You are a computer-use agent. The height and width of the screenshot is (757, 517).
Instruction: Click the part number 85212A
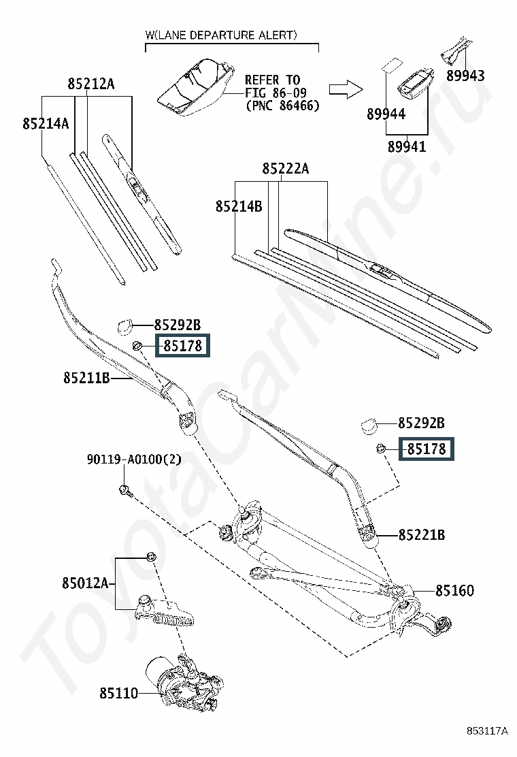coord(91,84)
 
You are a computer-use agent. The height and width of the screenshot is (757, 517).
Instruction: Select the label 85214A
coord(46,124)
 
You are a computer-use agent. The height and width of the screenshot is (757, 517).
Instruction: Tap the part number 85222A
coord(286,169)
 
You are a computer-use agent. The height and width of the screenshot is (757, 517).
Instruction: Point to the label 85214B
coord(239,206)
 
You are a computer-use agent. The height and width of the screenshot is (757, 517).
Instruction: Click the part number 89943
coord(465,76)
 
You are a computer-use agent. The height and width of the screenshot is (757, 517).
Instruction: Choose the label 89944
coord(386,114)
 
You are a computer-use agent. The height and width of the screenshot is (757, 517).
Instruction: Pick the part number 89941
coord(407,146)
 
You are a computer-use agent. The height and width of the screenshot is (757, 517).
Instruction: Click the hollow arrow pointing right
coord(346,89)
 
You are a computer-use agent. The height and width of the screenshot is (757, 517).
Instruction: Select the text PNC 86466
coord(282,106)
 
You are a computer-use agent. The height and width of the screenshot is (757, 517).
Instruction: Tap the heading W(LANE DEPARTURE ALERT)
coord(221,35)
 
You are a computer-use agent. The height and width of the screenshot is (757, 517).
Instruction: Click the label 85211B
coord(87,377)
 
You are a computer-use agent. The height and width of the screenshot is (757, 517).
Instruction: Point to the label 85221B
coord(422,535)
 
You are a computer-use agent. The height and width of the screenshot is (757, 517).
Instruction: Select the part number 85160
coord(455,590)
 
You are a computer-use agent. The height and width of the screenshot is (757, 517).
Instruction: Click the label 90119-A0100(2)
coord(134,459)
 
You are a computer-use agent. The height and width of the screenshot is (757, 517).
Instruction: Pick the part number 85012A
coord(85,583)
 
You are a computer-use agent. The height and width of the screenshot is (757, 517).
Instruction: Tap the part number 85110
coord(119,693)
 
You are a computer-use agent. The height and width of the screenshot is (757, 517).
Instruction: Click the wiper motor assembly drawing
coord(184,681)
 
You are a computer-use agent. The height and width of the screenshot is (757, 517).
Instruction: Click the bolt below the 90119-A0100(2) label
coord(124,491)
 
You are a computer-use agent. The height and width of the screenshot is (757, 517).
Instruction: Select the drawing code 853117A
coord(487,731)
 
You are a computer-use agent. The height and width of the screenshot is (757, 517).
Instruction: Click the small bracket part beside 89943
coord(455,49)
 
